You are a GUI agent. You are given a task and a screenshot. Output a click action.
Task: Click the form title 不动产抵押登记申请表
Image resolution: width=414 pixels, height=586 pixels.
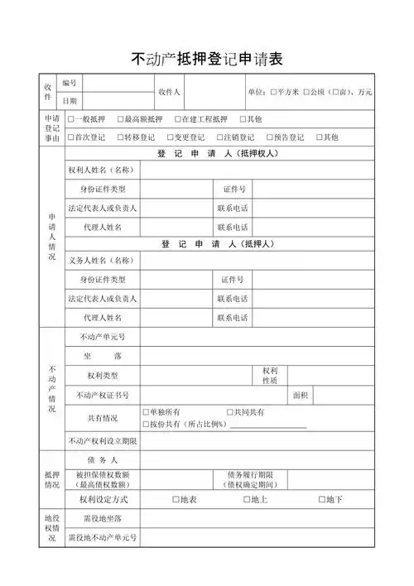[x=207, y=59]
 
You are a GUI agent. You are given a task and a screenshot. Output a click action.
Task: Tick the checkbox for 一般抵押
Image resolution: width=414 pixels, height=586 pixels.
[x=71, y=119]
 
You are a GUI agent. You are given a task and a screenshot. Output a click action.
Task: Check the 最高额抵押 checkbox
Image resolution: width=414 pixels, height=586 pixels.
[x=121, y=119]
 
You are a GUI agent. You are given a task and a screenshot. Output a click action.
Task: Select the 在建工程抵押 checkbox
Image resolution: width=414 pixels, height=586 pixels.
[x=178, y=119]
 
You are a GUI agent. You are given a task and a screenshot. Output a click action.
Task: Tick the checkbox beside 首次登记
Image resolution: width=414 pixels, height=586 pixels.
[x=71, y=137]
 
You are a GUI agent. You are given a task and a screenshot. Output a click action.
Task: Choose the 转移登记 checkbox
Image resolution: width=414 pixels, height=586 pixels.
[x=121, y=137]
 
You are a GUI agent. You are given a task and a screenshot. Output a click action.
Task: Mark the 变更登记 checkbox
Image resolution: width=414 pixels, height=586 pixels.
[x=171, y=137]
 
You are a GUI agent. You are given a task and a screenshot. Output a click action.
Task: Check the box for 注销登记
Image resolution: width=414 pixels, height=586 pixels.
[x=220, y=137]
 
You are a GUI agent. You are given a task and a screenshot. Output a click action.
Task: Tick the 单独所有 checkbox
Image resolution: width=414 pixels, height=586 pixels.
[x=146, y=411]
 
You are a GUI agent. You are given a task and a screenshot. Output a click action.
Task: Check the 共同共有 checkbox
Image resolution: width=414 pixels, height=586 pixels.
[x=230, y=411]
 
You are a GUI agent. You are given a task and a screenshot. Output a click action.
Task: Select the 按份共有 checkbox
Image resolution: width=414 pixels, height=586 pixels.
[x=146, y=424]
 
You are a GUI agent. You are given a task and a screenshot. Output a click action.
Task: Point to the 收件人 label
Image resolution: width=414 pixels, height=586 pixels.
[x=170, y=91]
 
